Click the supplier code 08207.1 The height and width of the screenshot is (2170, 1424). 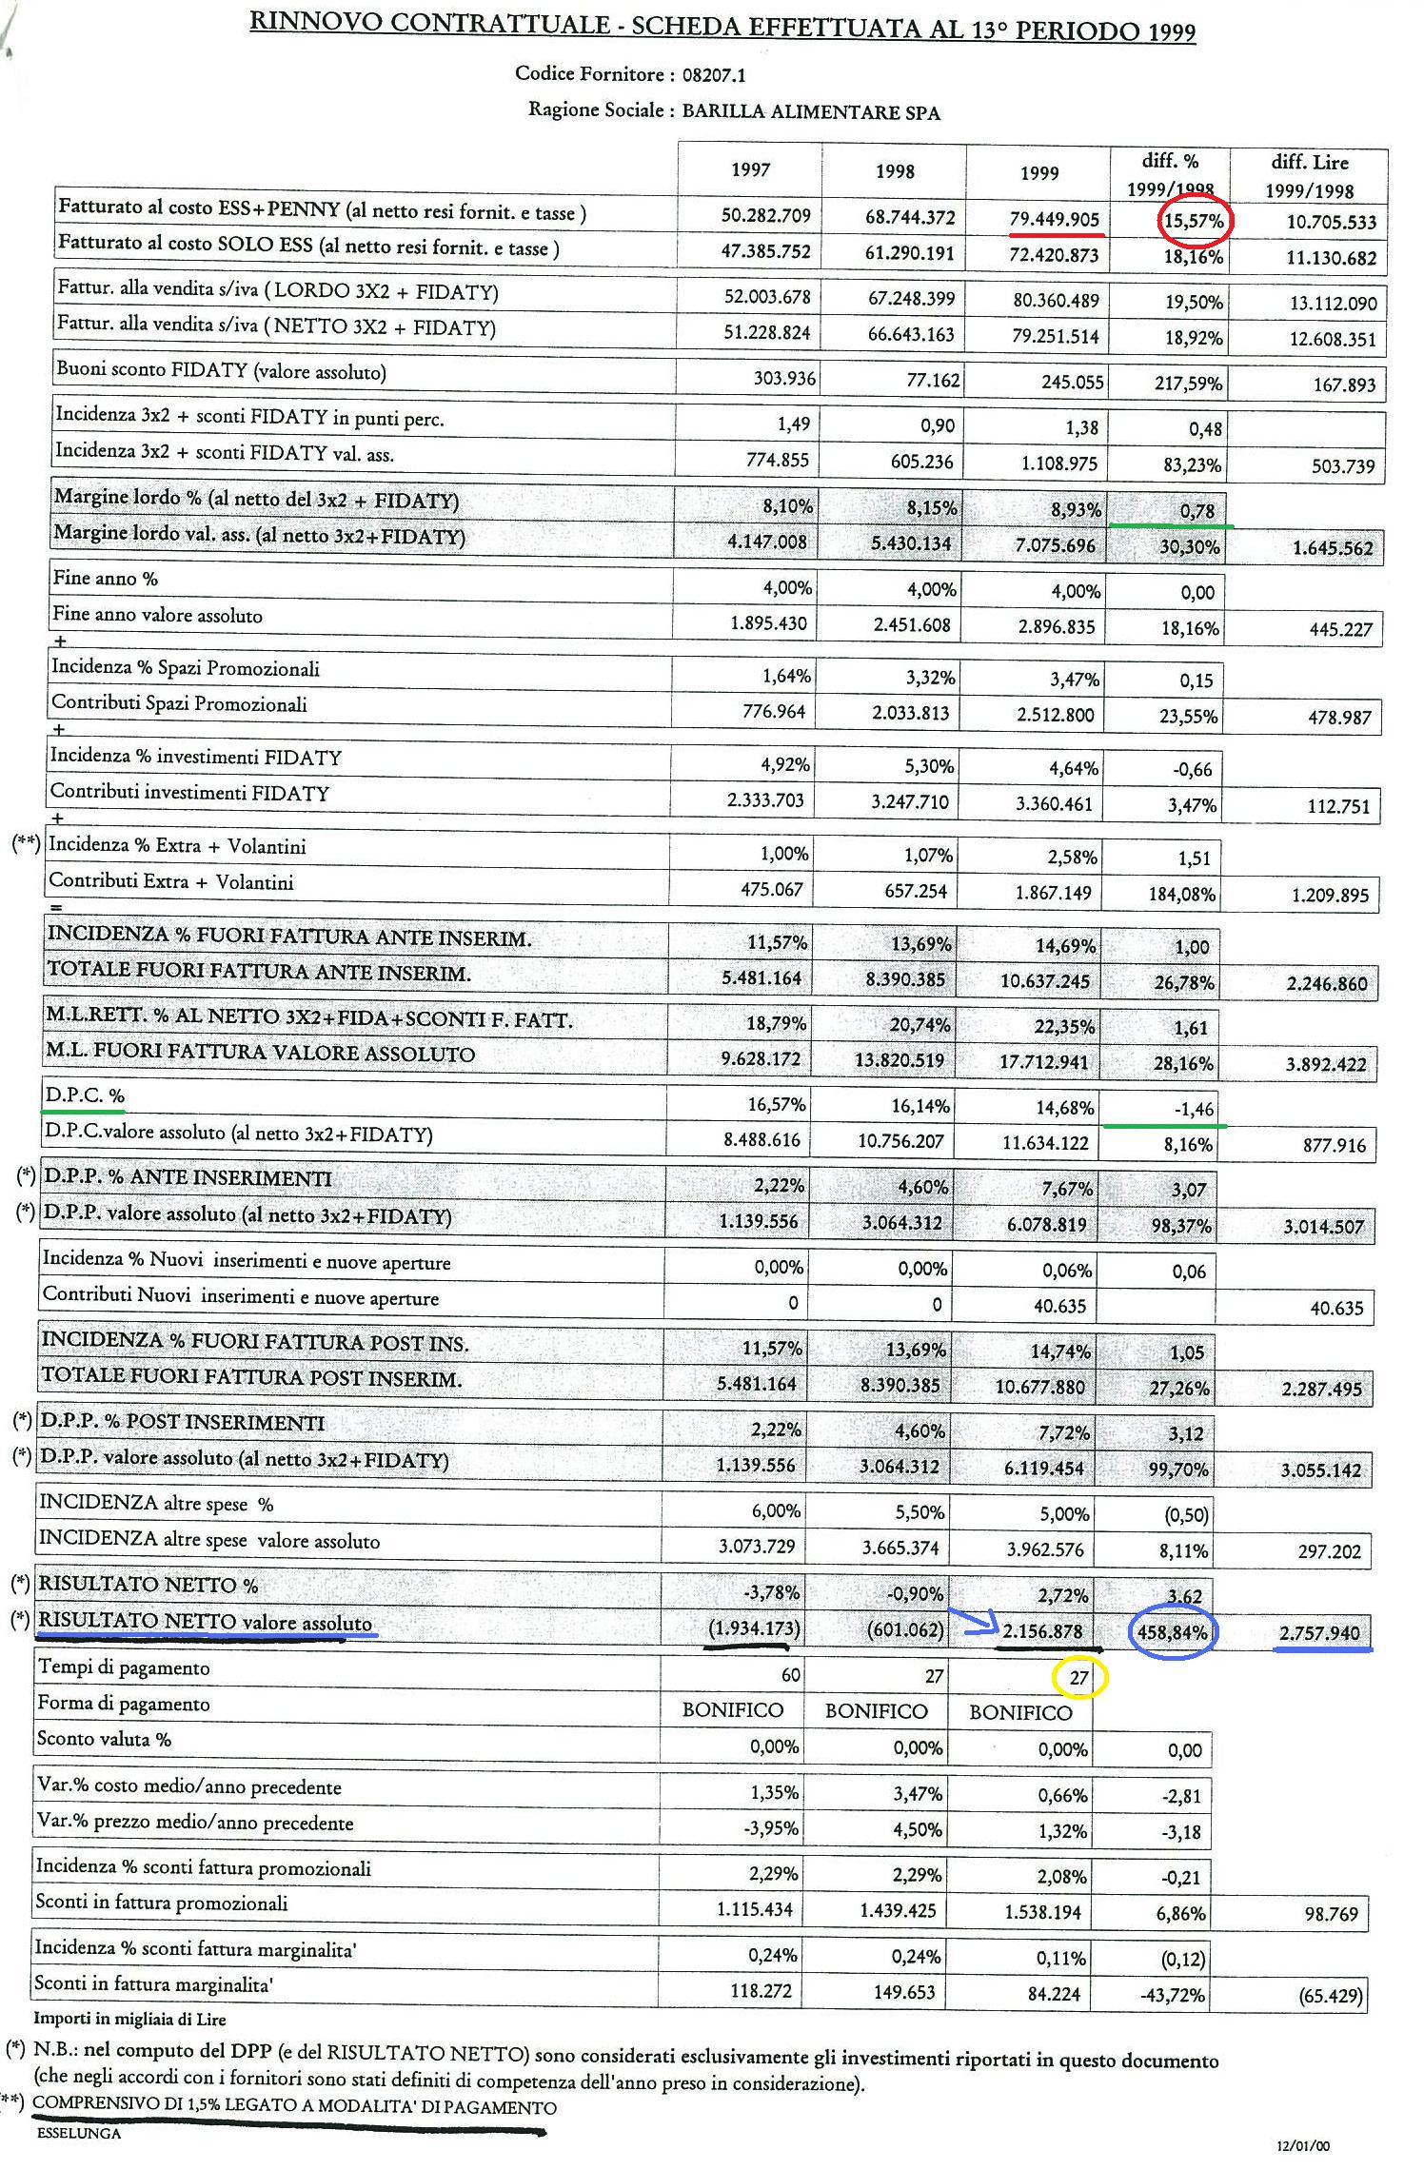(x=714, y=74)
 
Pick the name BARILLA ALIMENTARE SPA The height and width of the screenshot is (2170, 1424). (x=811, y=113)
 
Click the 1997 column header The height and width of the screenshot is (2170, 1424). (x=750, y=170)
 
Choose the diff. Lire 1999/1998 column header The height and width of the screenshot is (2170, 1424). (x=1309, y=176)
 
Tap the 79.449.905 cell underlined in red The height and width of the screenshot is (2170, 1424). (x=1054, y=220)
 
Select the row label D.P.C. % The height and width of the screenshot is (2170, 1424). (x=84, y=1096)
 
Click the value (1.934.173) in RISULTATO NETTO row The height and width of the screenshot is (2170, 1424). (x=749, y=1628)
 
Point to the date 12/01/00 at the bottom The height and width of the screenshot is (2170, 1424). (x=1303, y=2146)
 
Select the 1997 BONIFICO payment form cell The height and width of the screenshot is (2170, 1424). (x=732, y=1710)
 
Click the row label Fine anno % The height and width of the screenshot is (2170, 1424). (x=106, y=579)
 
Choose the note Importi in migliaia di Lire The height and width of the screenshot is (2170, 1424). (x=129, y=2018)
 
